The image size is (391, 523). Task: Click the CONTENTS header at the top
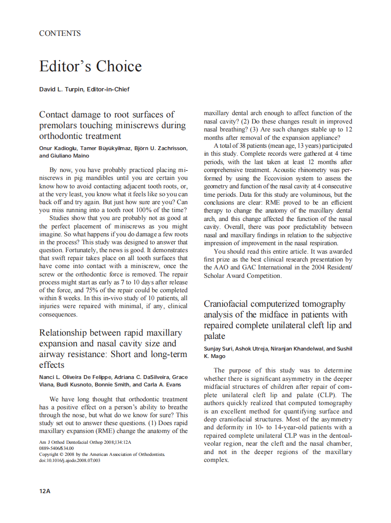pyautogui.click(x=60, y=34)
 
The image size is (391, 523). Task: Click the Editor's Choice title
pyautogui.click(x=91, y=66)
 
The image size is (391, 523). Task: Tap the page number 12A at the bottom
pyautogui.click(x=45, y=491)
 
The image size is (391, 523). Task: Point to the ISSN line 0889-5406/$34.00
pyautogui.click(x=56, y=448)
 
